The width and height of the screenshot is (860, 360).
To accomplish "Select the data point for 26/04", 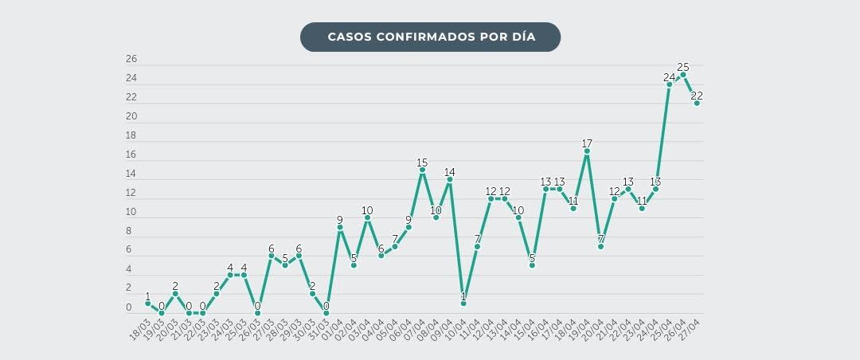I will [683, 74].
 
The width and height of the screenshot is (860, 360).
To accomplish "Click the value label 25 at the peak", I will [683, 67].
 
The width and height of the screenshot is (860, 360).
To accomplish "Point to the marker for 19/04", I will [587, 151].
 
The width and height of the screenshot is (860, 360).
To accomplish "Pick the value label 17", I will [587, 143].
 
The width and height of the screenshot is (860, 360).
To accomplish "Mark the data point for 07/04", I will [422, 170].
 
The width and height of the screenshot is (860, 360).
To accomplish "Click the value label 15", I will [422, 162].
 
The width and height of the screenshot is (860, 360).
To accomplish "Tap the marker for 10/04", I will [463, 303].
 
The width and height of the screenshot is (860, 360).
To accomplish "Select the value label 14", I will [450, 172].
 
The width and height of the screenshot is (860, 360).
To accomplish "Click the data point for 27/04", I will [697, 103].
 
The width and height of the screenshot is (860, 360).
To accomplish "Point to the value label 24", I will [669, 77].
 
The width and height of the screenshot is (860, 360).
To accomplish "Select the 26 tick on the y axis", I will [131, 59].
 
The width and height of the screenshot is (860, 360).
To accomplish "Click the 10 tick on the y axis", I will [131, 212].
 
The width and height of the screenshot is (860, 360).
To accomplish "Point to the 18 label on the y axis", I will [131, 135].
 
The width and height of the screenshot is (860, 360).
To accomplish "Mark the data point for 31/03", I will [326, 313].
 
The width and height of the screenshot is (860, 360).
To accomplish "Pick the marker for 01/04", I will [340, 227].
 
